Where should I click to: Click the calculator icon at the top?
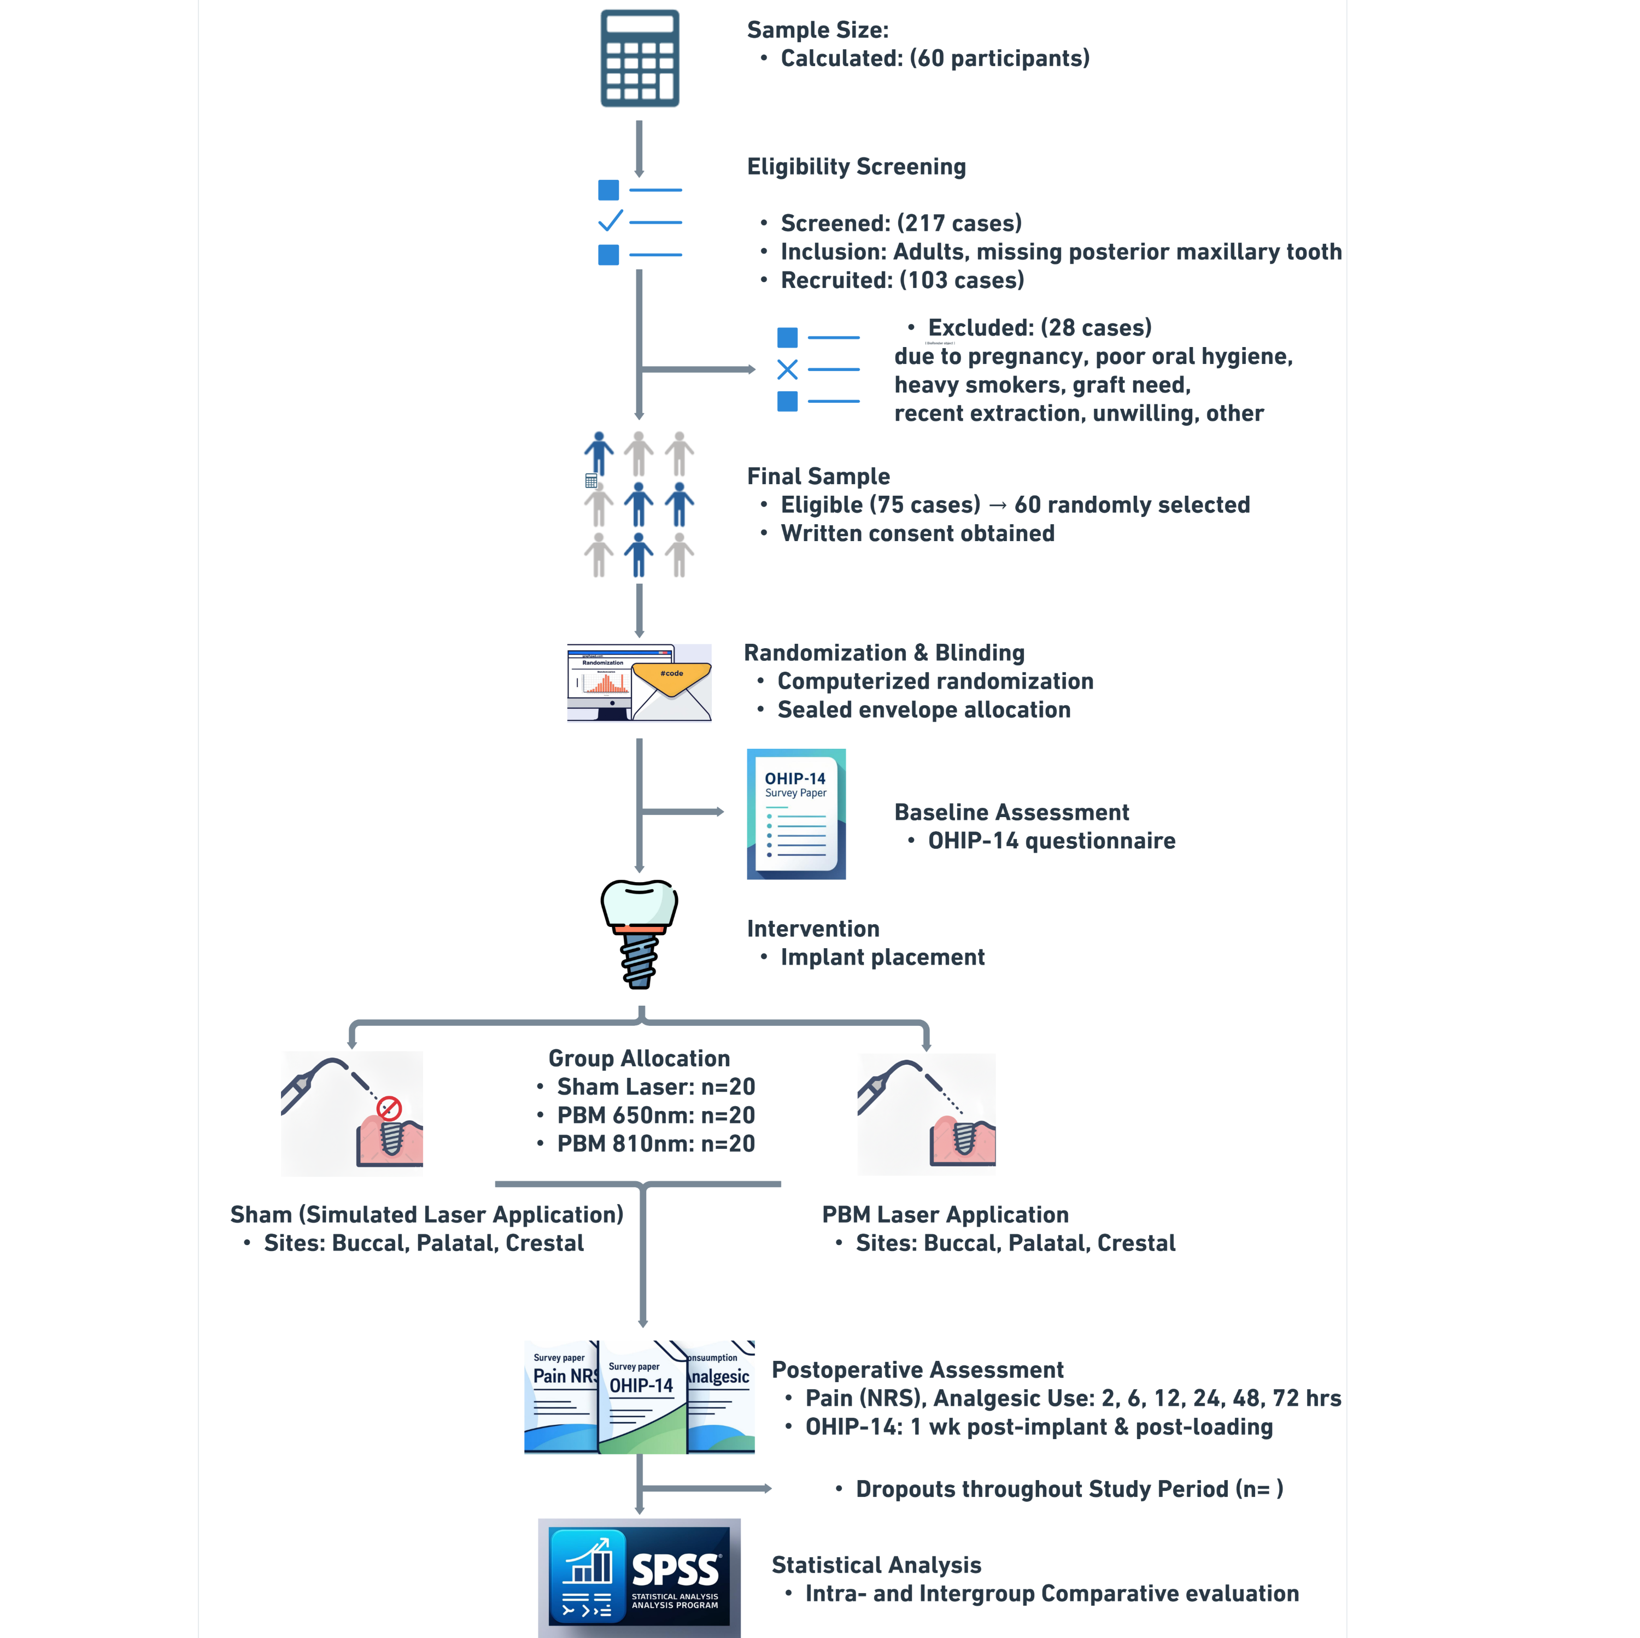[639, 57]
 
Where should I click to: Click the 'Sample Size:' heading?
[817, 30]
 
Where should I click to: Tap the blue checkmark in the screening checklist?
[610, 221]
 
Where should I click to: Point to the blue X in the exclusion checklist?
[787, 369]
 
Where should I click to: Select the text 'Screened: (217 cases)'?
[901, 223]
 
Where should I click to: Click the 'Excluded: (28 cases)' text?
[1039, 327]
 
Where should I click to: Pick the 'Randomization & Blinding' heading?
[883, 653]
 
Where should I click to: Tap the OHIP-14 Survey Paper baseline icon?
[796, 813]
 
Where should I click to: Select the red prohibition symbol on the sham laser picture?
[389, 1107]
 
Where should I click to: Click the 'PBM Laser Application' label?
[945, 1214]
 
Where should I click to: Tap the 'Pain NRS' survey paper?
[561, 1396]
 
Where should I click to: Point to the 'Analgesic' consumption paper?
[721, 1396]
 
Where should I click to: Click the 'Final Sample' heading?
[817, 476]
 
